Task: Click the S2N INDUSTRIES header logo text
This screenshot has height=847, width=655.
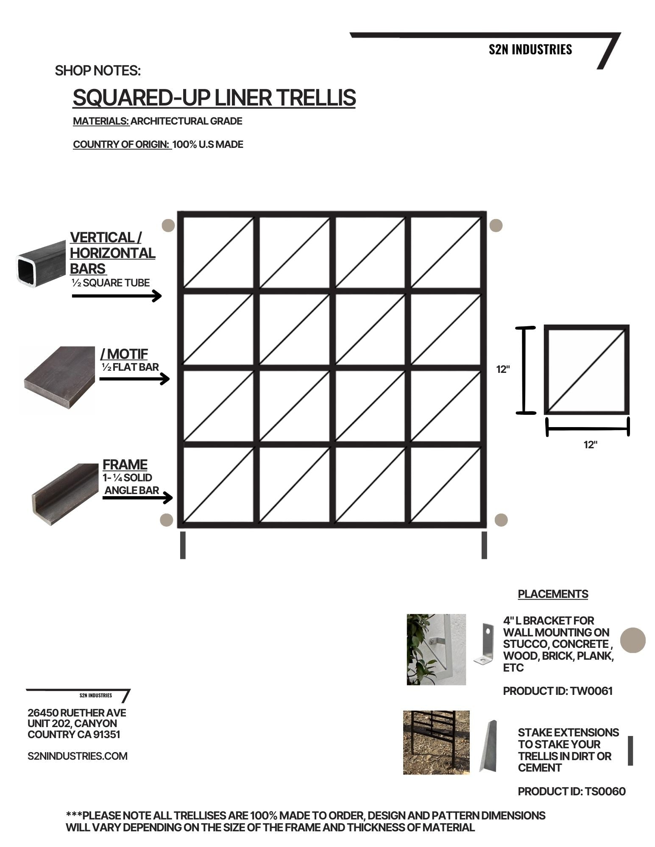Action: coord(530,50)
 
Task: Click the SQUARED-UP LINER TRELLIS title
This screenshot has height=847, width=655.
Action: coord(214,98)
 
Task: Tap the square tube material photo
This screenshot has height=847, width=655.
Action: coord(41,265)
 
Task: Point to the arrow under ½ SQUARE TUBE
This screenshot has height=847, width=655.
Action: coord(117,295)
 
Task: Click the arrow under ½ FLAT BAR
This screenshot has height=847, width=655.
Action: coord(134,378)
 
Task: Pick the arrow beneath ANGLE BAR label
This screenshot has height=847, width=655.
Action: coord(137,498)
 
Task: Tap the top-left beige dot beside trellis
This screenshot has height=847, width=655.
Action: coord(168,225)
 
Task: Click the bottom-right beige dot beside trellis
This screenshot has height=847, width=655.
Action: coord(501,520)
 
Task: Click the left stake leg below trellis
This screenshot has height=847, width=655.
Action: coord(183,545)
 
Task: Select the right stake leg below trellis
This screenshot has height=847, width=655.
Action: coord(484,545)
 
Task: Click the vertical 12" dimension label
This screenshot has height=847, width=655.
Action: coord(503,369)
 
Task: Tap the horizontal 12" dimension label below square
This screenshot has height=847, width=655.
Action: coord(590,444)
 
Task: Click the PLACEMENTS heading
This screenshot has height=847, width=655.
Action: coord(553,594)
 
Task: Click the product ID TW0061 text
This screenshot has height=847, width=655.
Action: coord(557,691)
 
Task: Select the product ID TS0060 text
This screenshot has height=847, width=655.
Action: coord(571,791)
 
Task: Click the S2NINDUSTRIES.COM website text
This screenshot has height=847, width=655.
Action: coord(78,756)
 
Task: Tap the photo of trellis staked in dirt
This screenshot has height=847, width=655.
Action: coord(436,743)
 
